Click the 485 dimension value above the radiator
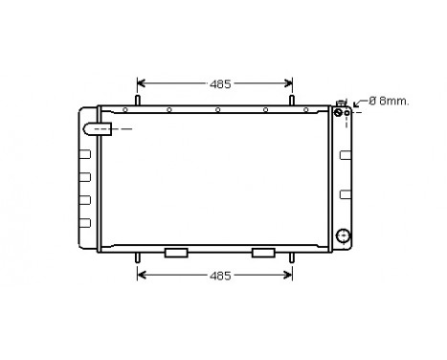tap(221, 84)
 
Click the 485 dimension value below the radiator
tap(221, 276)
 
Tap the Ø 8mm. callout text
tap(389, 101)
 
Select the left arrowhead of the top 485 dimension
tap(143, 83)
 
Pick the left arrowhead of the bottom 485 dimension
tap(143, 276)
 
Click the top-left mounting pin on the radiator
tap(139, 100)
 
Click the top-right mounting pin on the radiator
tap(292, 100)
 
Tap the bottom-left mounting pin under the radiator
tap(139, 257)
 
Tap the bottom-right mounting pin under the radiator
tap(292, 257)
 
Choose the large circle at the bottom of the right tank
tap(344, 235)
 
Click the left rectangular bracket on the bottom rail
tap(176, 253)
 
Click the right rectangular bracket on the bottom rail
tap(263, 253)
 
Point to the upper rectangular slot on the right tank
tap(345, 150)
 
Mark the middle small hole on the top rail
tap(218, 109)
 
